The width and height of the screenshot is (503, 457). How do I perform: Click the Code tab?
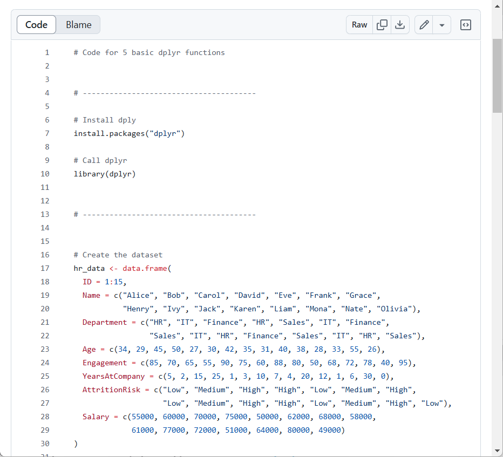pyautogui.click(x=36, y=25)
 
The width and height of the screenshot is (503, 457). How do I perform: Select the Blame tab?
pyautogui.click(x=79, y=25)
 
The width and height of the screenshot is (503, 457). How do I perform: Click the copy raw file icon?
pyautogui.click(x=382, y=25)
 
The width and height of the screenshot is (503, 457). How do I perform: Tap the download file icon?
pyautogui.click(x=400, y=25)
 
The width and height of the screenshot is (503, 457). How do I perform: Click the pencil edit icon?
pyautogui.click(x=424, y=25)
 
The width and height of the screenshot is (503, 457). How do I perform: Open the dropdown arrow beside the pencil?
pyautogui.click(x=441, y=25)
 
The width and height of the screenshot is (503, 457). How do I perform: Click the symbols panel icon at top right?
pyautogui.click(x=465, y=25)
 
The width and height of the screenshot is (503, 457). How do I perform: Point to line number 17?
pyautogui.click(x=45, y=268)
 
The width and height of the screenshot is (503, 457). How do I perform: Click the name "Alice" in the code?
pyautogui.click(x=138, y=295)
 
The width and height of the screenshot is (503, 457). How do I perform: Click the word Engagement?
pyautogui.click(x=105, y=363)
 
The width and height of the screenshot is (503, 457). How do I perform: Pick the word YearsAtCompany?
pyautogui.click(x=113, y=376)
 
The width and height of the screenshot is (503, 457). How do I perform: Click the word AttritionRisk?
pyautogui.click(x=111, y=390)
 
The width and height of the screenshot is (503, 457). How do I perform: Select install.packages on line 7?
pyautogui.click(x=110, y=133)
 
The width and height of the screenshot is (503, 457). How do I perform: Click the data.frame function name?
pyautogui.click(x=145, y=268)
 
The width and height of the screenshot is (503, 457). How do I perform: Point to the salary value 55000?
pyautogui.click(x=143, y=417)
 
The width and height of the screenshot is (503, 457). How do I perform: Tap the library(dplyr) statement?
pyautogui.click(x=105, y=174)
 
